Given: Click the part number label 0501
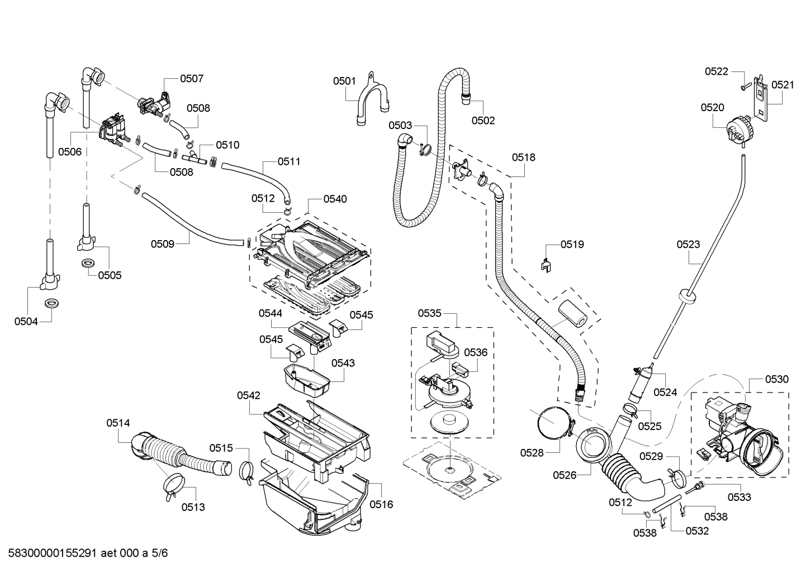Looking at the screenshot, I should pos(344,81).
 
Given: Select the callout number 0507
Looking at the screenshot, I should pos(191,79).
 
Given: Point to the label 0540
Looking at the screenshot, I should pos(335,199).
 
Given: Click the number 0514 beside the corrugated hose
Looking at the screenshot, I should pos(118,423).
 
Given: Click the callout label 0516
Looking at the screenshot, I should pos(381,504).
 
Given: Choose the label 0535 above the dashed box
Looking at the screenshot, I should pos(430,313).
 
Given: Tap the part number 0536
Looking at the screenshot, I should pos(476,352).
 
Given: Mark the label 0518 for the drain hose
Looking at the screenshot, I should pos(524,157).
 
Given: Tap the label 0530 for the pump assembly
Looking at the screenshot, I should pos(776,379).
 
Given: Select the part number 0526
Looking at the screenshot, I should pos(565,475).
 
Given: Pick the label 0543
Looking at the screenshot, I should pos(343,363).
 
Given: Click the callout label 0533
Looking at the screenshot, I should pos(739,497).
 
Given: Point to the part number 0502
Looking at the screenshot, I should pos(483,120).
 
